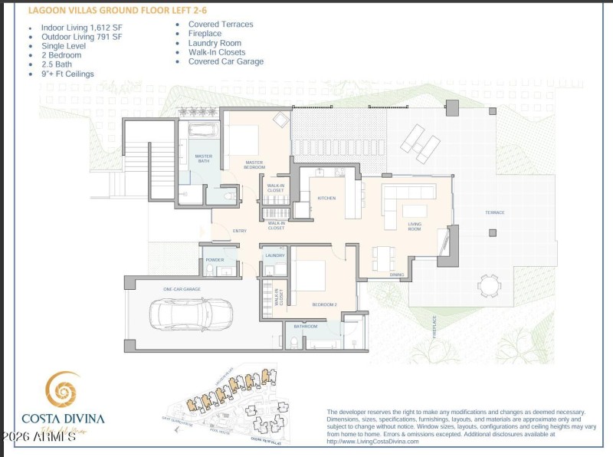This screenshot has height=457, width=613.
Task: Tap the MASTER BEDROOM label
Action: point(254,164)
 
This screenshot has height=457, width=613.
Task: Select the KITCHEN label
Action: point(326,198)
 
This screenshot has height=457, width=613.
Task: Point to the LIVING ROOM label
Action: point(415,226)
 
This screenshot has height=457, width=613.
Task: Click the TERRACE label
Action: point(494,212)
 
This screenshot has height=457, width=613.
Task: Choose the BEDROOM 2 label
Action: point(324,304)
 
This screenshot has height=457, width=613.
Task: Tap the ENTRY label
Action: point(240,230)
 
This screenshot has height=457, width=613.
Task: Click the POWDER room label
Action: point(215,260)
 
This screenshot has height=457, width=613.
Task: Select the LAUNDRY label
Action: point(274,255)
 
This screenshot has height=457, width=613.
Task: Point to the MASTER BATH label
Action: point(203,159)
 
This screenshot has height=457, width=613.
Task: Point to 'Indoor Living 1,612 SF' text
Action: point(81,28)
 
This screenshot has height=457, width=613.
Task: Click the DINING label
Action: point(396,274)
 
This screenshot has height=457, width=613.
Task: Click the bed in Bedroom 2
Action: point(310,276)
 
